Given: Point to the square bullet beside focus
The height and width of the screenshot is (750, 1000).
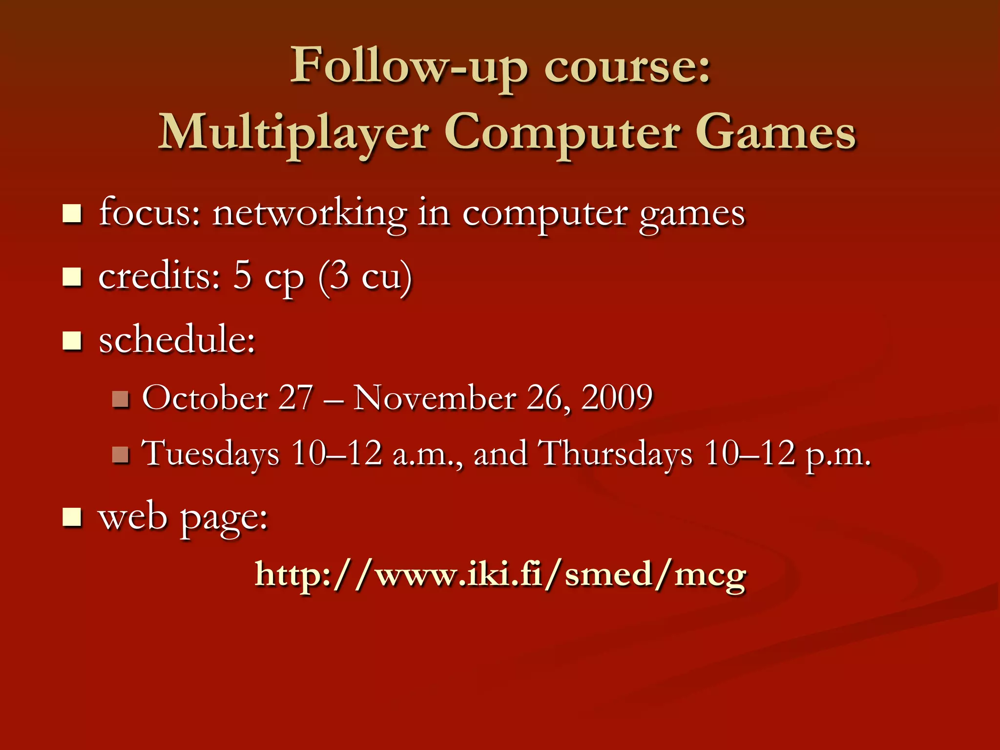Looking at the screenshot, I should pyautogui.click(x=72, y=214).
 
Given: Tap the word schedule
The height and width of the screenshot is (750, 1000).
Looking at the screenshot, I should pyautogui.click(x=177, y=339).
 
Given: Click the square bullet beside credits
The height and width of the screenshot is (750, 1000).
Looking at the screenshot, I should pyautogui.click(x=72, y=277).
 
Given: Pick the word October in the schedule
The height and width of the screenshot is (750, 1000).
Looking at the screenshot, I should pyautogui.click(x=205, y=397).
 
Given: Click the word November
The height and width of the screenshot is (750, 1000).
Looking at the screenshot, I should pyautogui.click(x=435, y=397).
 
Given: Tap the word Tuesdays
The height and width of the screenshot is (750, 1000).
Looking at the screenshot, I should pyautogui.click(x=210, y=454).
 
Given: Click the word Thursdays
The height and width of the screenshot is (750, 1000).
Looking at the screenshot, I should pyautogui.click(x=615, y=454).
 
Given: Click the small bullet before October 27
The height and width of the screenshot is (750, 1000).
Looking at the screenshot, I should pyautogui.click(x=120, y=399).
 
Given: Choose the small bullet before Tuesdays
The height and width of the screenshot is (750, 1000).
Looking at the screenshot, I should pyautogui.click(x=120, y=455).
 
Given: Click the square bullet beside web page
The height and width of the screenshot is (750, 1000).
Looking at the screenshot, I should pyautogui.click(x=72, y=518).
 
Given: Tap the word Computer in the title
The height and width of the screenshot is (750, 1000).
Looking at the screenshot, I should pyautogui.click(x=562, y=133).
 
